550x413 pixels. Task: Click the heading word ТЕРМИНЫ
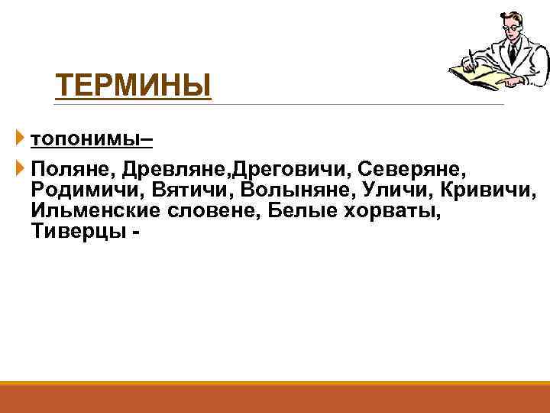pos(133,86)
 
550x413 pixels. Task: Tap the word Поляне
pos(70,167)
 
